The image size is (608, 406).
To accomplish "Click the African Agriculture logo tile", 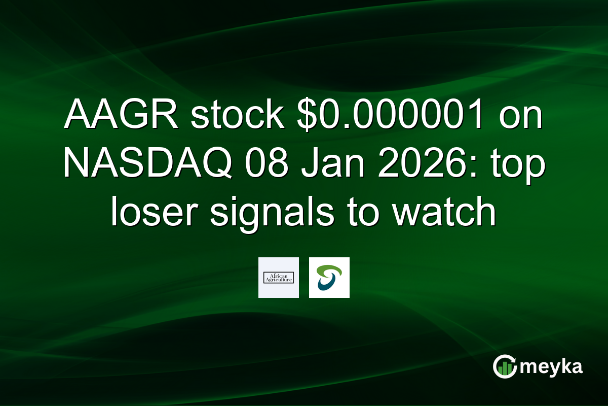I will pos(278,278).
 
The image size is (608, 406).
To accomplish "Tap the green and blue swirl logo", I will pos(329,278).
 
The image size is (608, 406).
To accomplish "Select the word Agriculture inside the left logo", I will pos(278,280).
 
